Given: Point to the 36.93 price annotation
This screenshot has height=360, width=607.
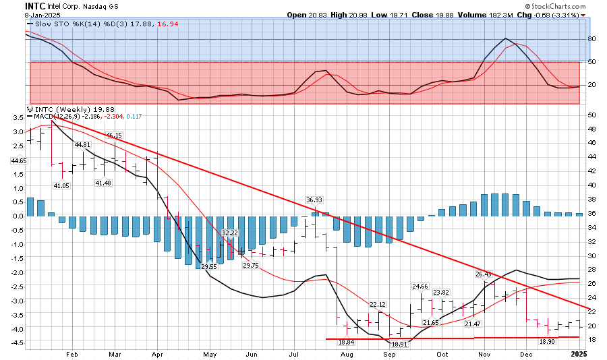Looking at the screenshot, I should tap(314, 200).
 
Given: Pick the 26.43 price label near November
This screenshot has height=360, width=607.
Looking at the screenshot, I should tap(484, 274).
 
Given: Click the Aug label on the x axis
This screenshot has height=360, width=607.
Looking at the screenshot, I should tap(347, 353).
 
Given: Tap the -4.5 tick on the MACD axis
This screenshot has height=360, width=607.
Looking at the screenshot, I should tap(14, 342).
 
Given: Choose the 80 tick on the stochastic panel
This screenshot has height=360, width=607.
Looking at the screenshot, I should tap(591, 39).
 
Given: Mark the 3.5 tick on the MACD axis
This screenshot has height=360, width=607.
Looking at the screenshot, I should tap(16, 117).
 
